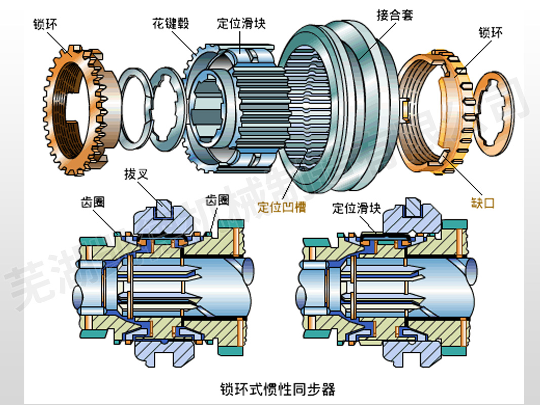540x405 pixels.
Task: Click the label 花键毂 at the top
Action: (169, 23)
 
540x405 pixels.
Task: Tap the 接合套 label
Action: (395, 15)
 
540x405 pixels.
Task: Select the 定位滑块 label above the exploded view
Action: (241, 23)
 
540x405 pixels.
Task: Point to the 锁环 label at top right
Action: (490, 33)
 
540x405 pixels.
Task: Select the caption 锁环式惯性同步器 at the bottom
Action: (278, 389)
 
